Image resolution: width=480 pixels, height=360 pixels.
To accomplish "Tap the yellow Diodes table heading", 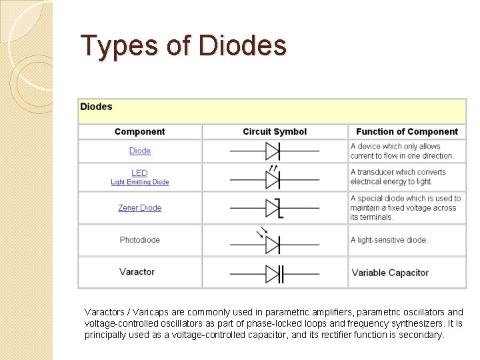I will click(x=97, y=107).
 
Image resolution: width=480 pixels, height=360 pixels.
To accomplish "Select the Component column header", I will click(x=139, y=132).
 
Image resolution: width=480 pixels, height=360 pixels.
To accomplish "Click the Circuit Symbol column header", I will click(x=275, y=132).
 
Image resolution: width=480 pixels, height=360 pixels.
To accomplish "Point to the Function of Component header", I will click(x=407, y=132).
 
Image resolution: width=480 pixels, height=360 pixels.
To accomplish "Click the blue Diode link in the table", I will click(x=140, y=151).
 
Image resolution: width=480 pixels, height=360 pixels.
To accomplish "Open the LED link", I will click(x=140, y=173).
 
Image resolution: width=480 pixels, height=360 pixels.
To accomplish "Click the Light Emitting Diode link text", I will click(x=140, y=182).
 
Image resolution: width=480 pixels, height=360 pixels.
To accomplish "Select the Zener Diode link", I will click(x=140, y=208).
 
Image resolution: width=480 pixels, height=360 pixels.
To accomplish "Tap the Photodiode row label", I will click(x=140, y=240).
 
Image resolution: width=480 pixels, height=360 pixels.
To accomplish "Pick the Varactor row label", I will click(x=137, y=272).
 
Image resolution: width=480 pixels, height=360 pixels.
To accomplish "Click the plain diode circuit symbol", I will click(x=274, y=151).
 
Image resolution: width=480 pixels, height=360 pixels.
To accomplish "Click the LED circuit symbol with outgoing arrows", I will click(x=274, y=178).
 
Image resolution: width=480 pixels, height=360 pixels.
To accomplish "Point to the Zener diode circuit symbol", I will click(x=274, y=208).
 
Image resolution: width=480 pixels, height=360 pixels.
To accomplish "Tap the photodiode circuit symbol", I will click(x=273, y=243).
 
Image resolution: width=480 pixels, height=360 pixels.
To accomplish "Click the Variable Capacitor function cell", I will click(x=390, y=273).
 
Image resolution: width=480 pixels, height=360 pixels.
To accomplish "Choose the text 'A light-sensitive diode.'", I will click(x=389, y=240).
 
